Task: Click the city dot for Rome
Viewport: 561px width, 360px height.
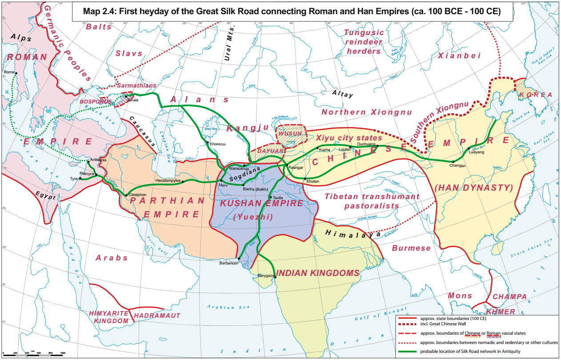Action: tap(16, 73)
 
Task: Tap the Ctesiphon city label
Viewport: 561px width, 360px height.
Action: tap(137, 195)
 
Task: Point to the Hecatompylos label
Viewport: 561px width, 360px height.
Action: tap(168, 181)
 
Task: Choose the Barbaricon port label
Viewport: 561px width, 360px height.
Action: tap(229, 263)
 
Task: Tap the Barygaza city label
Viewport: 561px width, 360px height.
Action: tap(266, 276)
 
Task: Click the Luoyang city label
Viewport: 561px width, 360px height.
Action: tap(476, 152)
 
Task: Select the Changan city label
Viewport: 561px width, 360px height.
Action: tap(457, 166)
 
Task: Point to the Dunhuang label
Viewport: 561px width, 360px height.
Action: tap(367, 144)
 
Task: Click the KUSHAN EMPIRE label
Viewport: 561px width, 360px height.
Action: tap(261, 204)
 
